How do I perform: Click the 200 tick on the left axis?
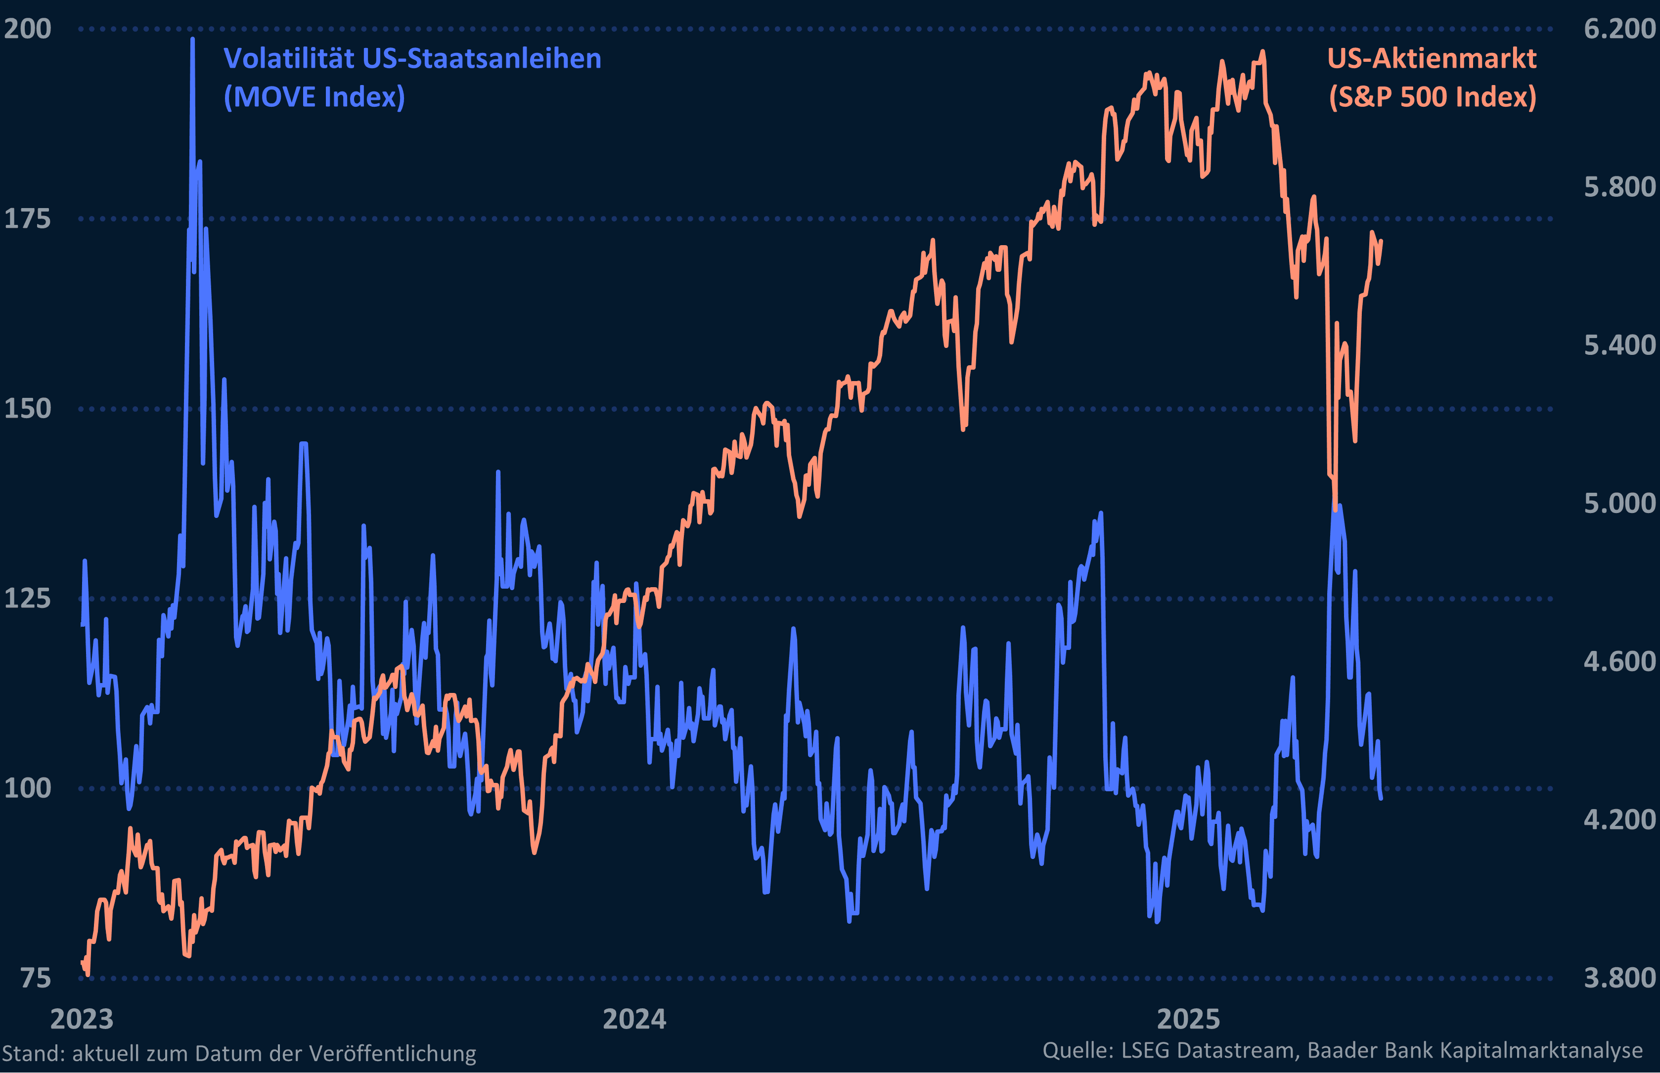[x=28, y=29]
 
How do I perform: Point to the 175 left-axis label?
[x=28, y=219]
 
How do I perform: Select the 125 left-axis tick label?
[x=28, y=599]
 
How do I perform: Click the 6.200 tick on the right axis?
[x=1619, y=29]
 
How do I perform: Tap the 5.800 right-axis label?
[x=1619, y=187]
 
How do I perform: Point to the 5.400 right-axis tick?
[x=1619, y=345]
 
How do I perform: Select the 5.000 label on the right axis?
[x=1619, y=504]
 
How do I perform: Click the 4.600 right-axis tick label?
[x=1619, y=662]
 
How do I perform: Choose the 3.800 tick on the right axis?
[x=1619, y=978]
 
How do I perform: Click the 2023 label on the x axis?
[x=82, y=1019]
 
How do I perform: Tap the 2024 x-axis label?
[x=634, y=1019]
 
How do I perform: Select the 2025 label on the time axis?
[x=1188, y=1019]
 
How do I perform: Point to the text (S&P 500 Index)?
[x=1432, y=97]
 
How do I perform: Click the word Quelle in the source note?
[x=1077, y=1050]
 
